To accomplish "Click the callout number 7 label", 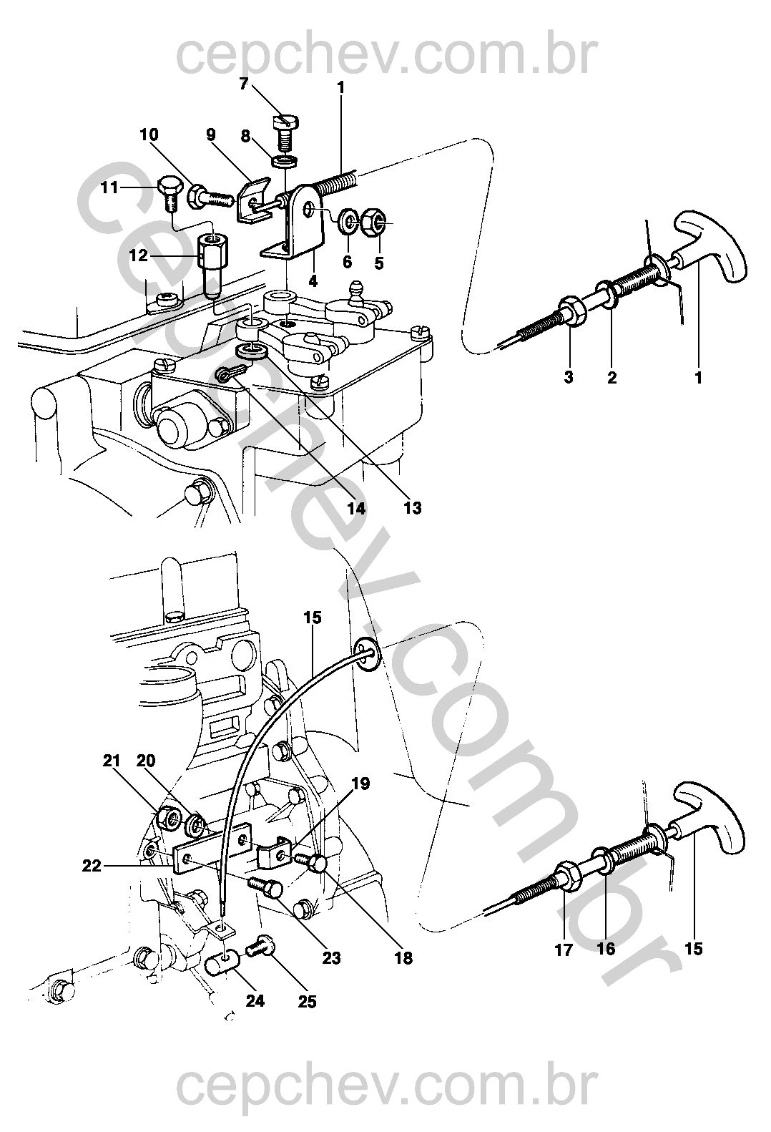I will (243, 84).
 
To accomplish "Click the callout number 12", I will (138, 255).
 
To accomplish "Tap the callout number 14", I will (356, 508).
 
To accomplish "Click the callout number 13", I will (412, 508).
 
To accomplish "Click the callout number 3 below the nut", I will (569, 377).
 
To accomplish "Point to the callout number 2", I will (612, 377).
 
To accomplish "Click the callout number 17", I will (564, 950).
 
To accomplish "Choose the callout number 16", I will (606, 950).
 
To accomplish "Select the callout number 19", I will (361, 784).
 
